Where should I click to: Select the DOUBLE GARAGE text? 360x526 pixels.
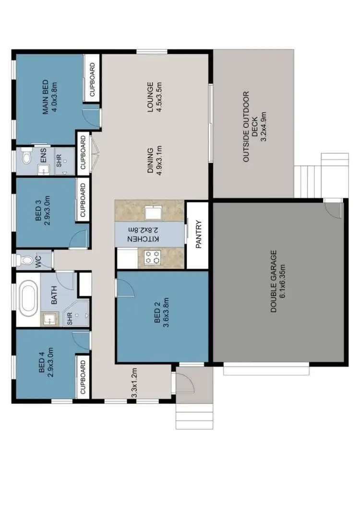coord(278,281)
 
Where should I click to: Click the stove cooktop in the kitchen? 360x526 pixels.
coord(153,257)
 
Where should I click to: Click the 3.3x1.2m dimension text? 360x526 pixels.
coord(135,382)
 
